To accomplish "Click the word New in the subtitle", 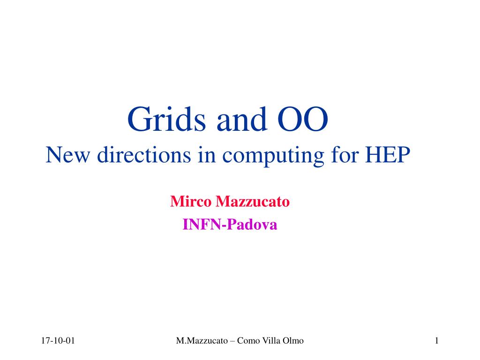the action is click(67, 155).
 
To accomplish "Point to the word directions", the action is click(144, 155).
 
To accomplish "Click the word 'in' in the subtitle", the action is click(207, 155).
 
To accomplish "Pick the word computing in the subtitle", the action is click(273, 156).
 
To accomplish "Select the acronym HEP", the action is click(388, 155).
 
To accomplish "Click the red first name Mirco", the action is click(191, 202).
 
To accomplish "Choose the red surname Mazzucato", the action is click(253, 202).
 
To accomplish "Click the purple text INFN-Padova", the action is click(230, 225).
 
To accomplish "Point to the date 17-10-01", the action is click(58, 341).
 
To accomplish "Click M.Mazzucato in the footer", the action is click(202, 341).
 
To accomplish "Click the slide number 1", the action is click(437, 341).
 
